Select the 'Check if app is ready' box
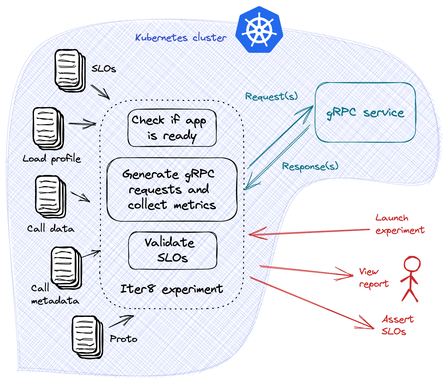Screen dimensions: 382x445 172,128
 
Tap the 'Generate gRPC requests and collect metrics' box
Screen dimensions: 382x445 172,190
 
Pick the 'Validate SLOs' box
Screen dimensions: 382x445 172,250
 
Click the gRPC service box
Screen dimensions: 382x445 365,113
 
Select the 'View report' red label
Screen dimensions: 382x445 373,278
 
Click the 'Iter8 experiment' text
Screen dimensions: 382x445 171,289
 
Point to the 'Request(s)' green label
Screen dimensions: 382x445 271,96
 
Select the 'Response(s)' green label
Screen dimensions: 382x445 310,166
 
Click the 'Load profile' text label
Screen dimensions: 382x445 52,159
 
